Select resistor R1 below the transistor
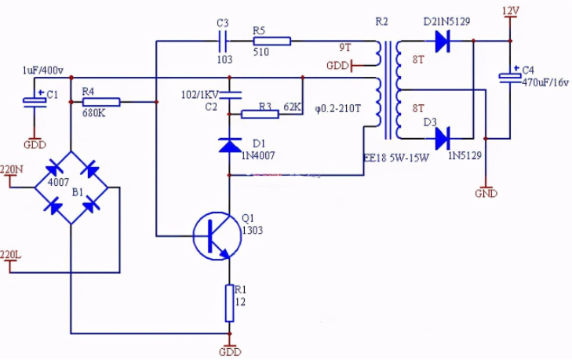(x=229, y=303)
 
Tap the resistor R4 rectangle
(x=101, y=101)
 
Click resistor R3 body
(x=260, y=115)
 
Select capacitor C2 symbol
(x=229, y=96)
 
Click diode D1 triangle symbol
(x=229, y=145)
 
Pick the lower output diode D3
(x=441, y=140)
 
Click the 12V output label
(x=510, y=10)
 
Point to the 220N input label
(x=12, y=169)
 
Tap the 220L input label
(x=11, y=255)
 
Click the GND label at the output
(x=487, y=192)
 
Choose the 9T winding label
(x=345, y=48)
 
